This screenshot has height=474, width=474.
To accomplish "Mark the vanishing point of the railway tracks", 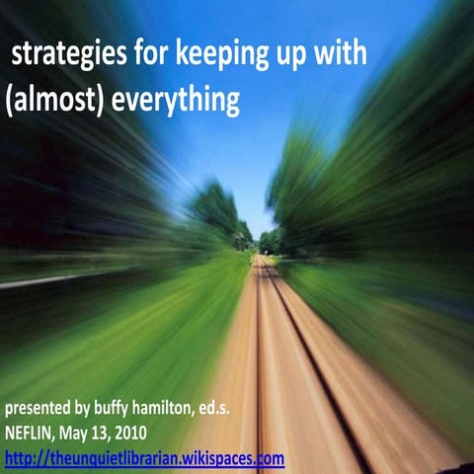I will click(259, 255).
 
